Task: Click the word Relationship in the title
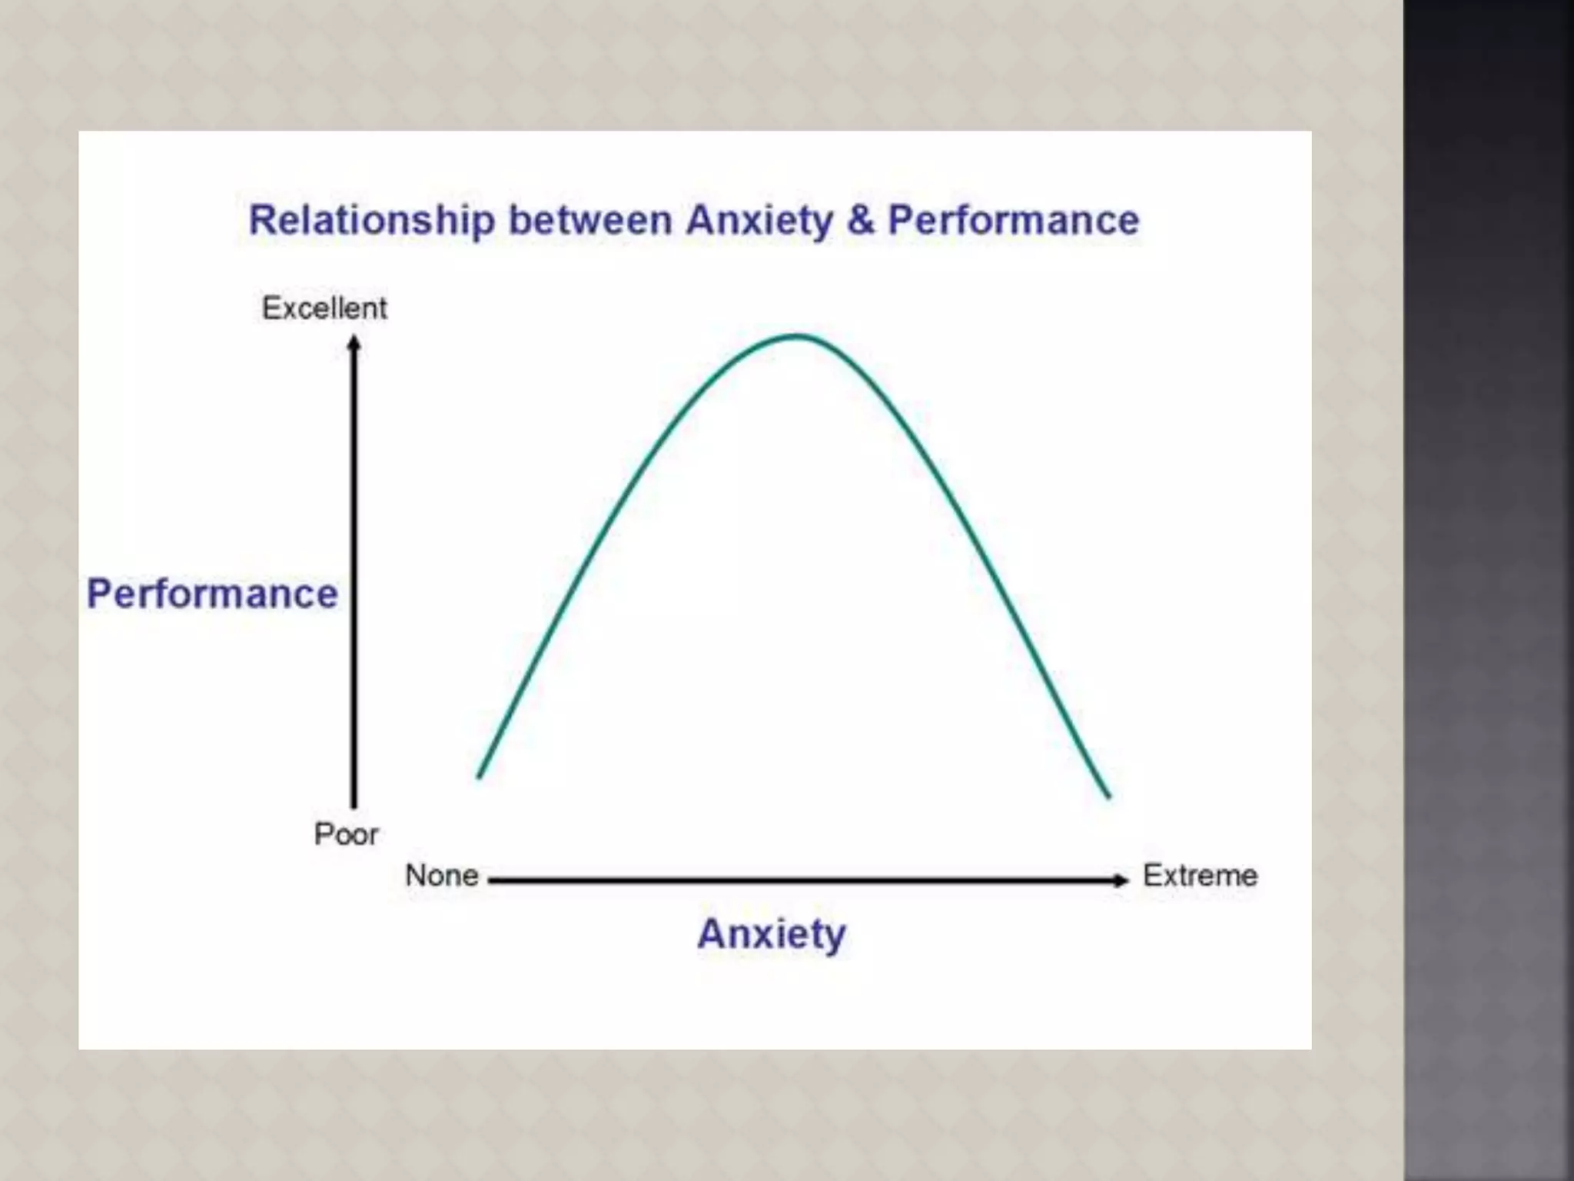coord(371,221)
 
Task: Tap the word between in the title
coord(591,221)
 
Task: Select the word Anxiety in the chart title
coord(759,221)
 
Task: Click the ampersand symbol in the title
coord(862,221)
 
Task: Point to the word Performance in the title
coord(1013,221)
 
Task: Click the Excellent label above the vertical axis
coord(324,308)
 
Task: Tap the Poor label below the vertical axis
coord(346,834)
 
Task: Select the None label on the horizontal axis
coord(442,876)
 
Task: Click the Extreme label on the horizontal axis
coord(1200,876)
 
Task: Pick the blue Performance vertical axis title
coord(212,594)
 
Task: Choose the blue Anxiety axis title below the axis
coord(772,934)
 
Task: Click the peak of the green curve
coord(798,336)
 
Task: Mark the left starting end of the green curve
coord(479,777)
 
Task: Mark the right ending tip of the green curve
coord(1109,797)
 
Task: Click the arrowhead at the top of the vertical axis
coord(354,343)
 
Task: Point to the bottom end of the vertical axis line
coord(354,807)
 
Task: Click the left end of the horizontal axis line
coord(490,880)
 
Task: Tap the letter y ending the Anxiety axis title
coord(835,937)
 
